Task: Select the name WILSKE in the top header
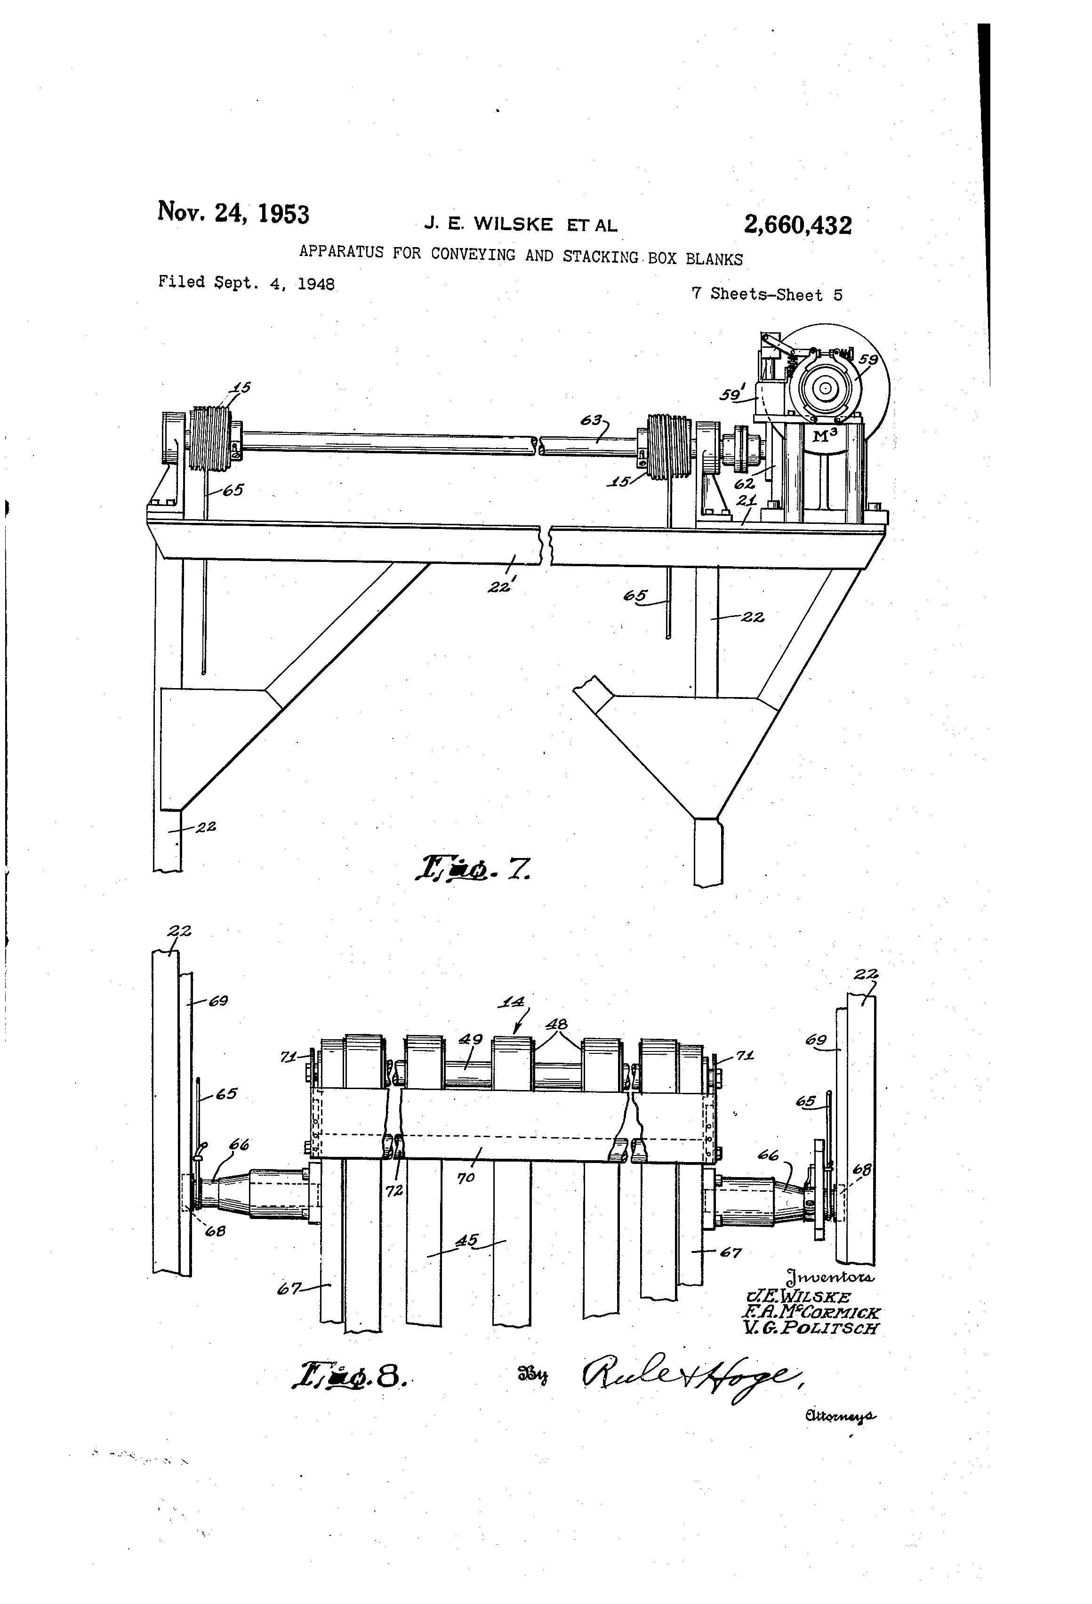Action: (513, 225)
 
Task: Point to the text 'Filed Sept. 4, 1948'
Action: (247, 282)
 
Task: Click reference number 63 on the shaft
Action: (590, 420)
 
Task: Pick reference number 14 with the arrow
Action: (512, 1002)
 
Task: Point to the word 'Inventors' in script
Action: (830, 1277)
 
